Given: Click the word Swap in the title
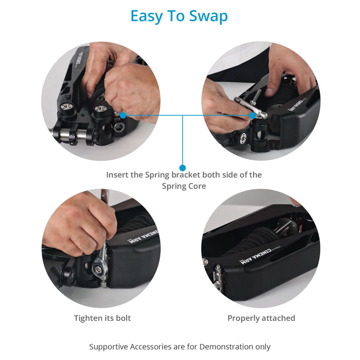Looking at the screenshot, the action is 208,16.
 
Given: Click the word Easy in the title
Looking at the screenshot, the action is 146,16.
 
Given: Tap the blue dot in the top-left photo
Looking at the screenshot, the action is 123,115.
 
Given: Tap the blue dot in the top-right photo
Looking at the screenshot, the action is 253,115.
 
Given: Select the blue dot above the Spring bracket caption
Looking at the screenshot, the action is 183,168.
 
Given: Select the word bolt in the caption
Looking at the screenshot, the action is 123,318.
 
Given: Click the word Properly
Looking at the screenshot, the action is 243,318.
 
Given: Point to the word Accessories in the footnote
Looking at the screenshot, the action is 151,347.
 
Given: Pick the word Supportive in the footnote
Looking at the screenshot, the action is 109,347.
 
